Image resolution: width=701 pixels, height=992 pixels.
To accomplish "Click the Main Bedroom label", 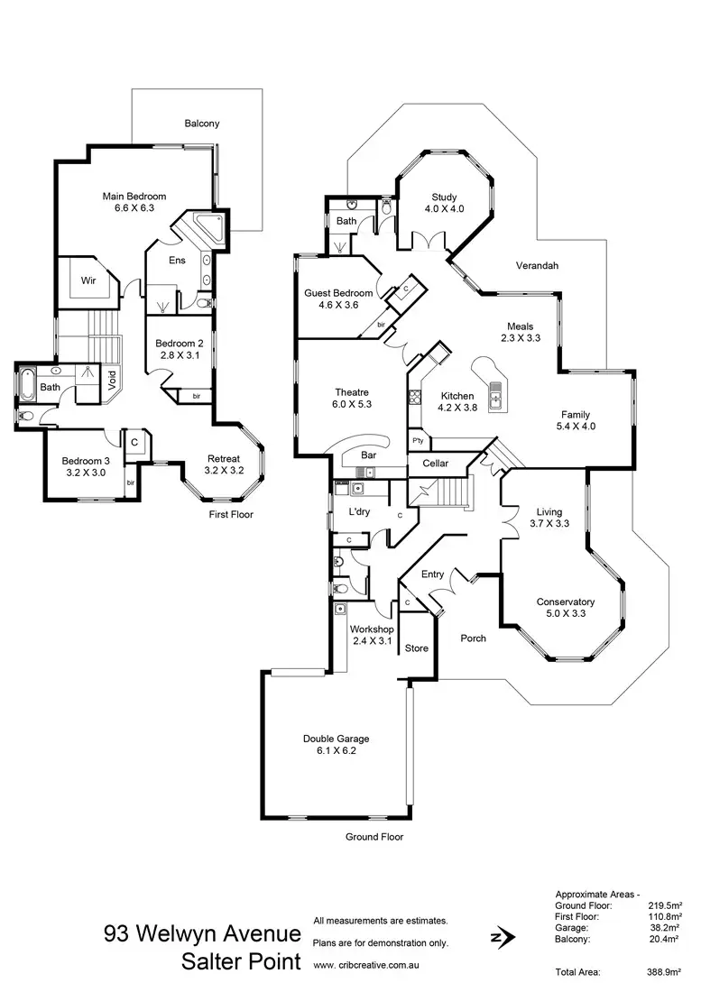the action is point(134,197).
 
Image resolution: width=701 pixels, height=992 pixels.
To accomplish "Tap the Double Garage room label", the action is point(336,739).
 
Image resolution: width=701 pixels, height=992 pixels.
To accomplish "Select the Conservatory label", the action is point(566,602).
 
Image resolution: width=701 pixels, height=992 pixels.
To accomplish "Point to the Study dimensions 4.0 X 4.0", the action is point(444,209).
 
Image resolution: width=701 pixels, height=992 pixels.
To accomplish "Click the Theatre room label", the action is point(352,392).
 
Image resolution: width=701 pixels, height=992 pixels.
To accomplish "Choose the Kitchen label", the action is point(457,396).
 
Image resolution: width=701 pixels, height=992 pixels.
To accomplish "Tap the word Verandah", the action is point(537,266).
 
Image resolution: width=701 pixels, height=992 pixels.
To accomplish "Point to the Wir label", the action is point(88,280).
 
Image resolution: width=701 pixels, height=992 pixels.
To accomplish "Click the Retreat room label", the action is point(224,458).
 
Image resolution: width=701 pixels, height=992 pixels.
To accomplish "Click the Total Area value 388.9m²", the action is point(663,972).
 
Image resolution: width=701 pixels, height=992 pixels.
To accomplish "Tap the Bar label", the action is point(368,455).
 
